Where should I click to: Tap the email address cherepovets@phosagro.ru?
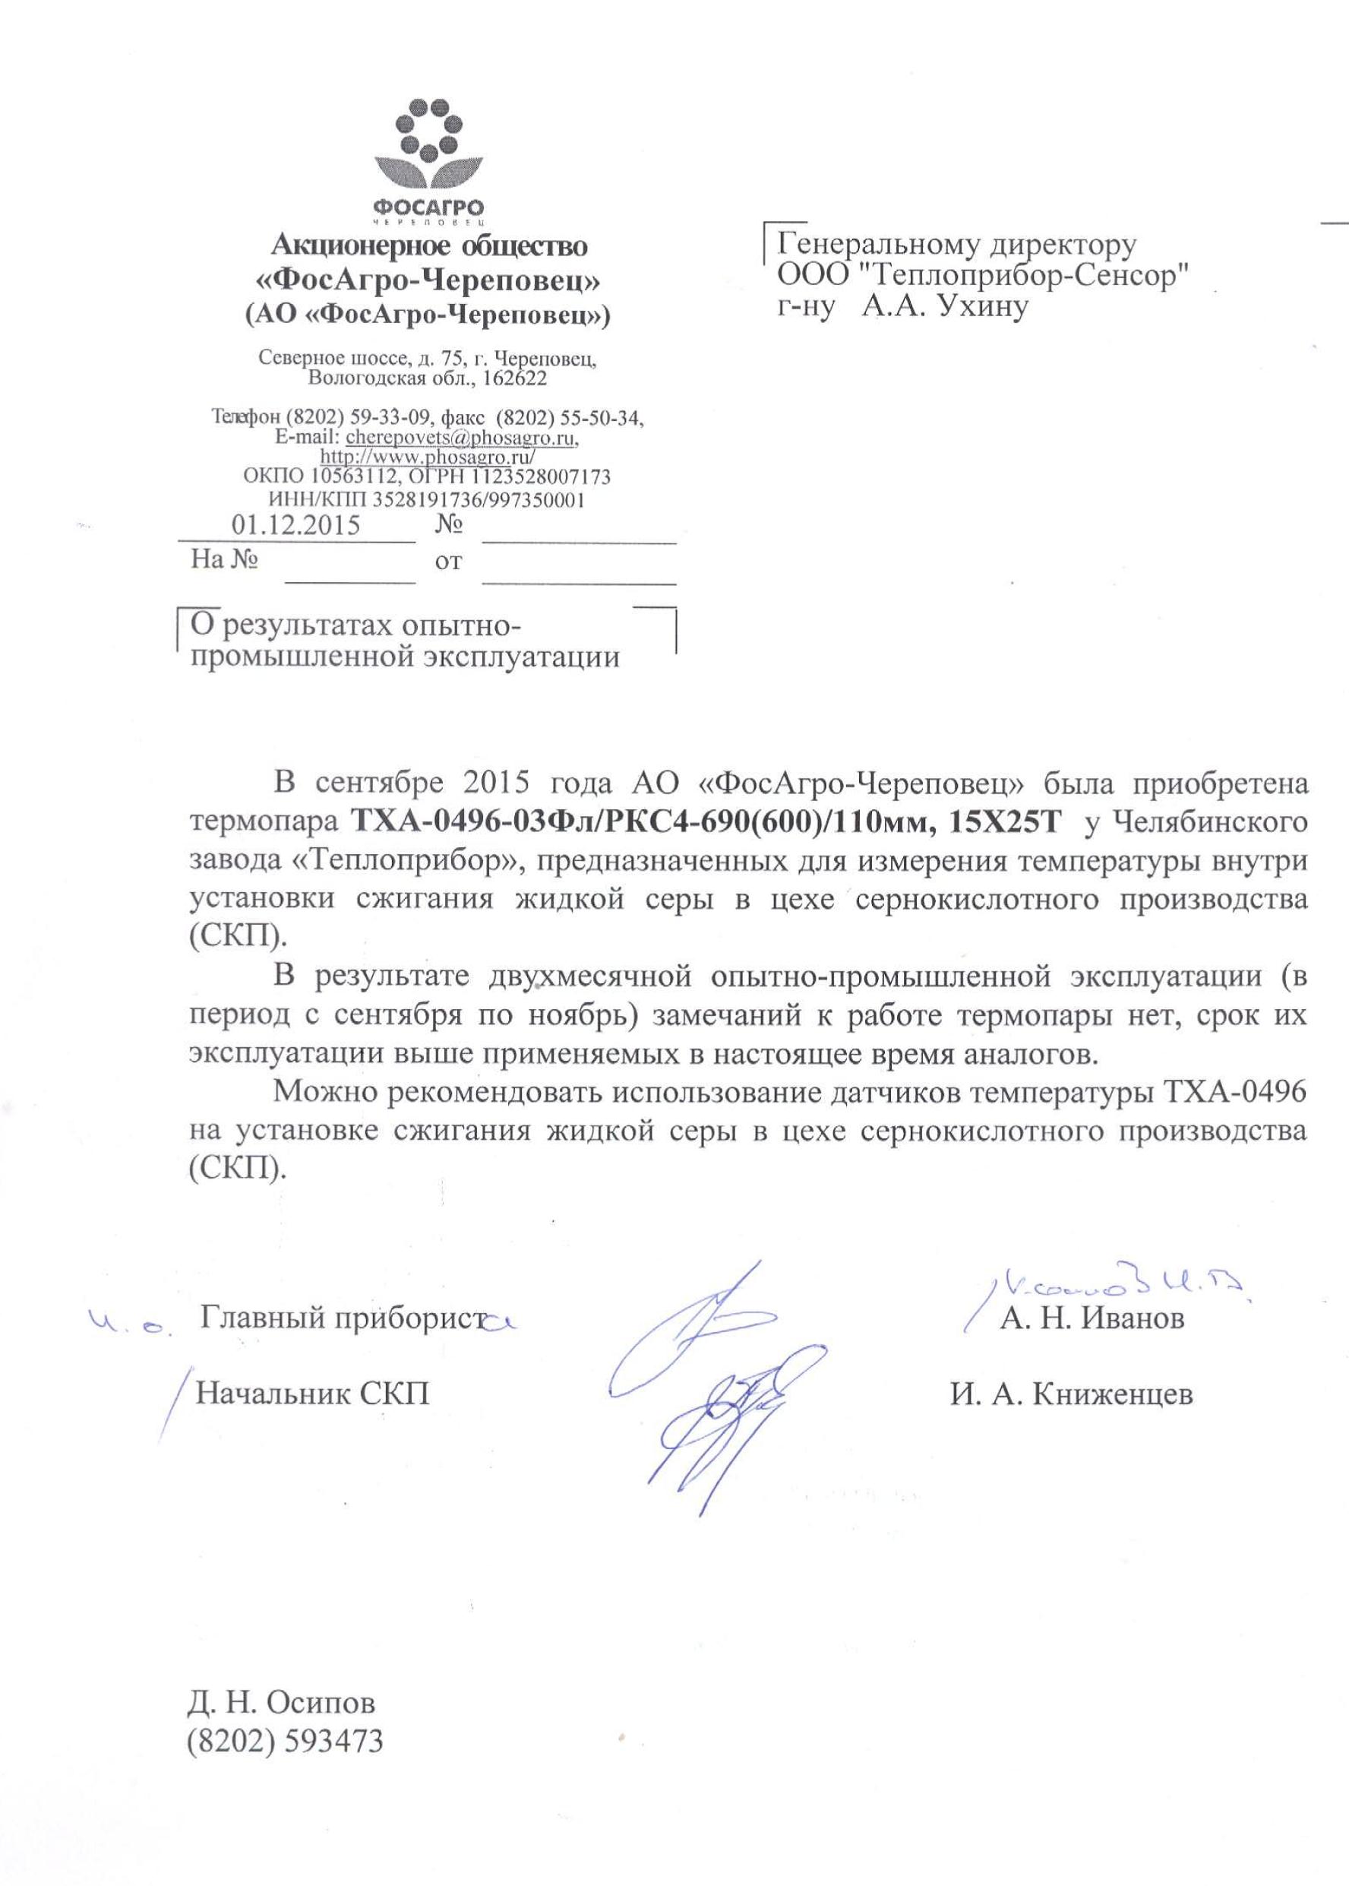pyautogui.click(x=462, y=436)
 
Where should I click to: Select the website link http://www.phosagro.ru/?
pyautogui.click(x=428, y=456)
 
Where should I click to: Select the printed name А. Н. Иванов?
pyautogui.click(x=1092, y=1318)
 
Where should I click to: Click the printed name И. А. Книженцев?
pyautogui.click(x=1072, y=1394)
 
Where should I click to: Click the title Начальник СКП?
pyautogui.click(x=312, y=1394)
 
